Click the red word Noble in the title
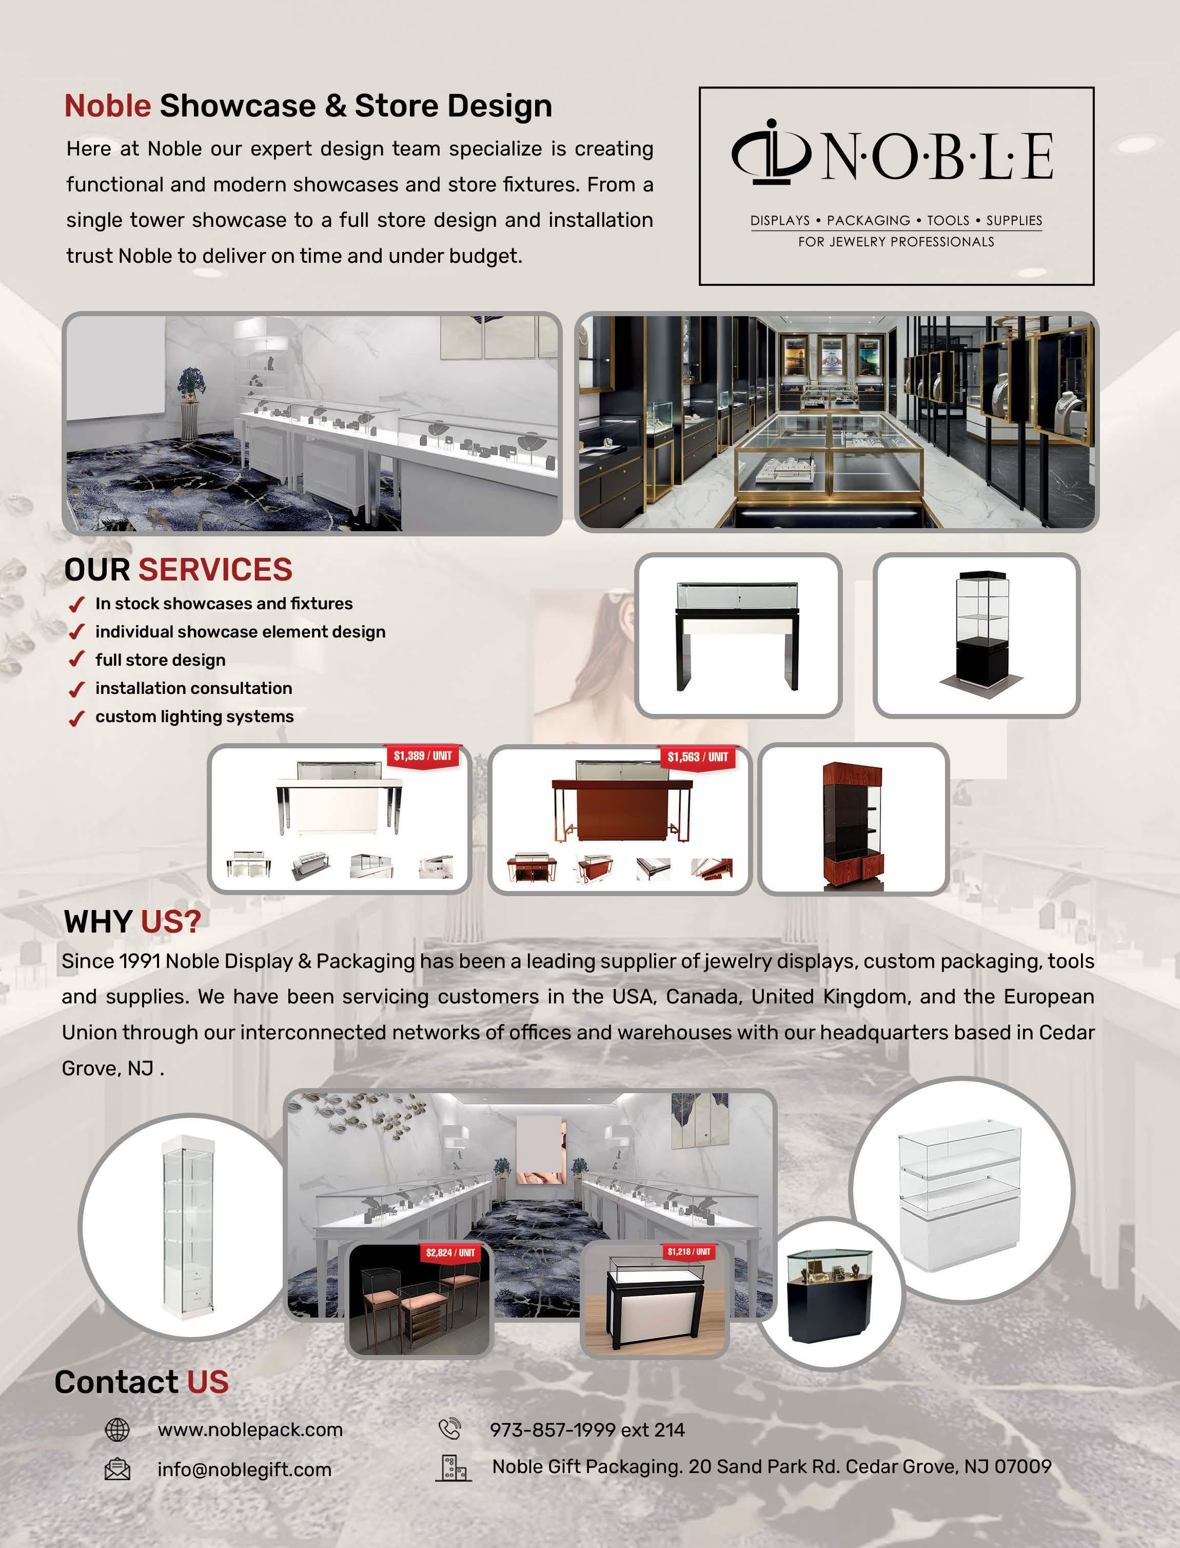coord(107,106)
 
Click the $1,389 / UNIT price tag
coord(422,756)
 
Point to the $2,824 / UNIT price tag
coord(450,1252)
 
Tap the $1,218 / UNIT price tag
coord(689,1251)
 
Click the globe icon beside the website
coord(116,1429)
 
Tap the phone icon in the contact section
coord(449,1428)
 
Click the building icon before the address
coord(453,1467)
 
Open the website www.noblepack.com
coord(250,1429)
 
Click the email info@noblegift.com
coord(244,1469)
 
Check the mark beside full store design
coord(76,660)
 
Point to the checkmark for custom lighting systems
coord(76,718)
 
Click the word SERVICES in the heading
coord(214,570)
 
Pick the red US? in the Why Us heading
coord(171,921)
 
